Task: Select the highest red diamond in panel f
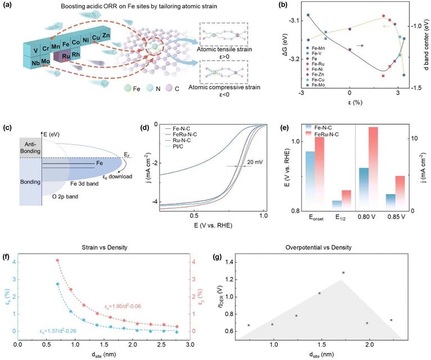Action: click(57, 260)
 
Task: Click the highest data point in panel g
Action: click(343, 273)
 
